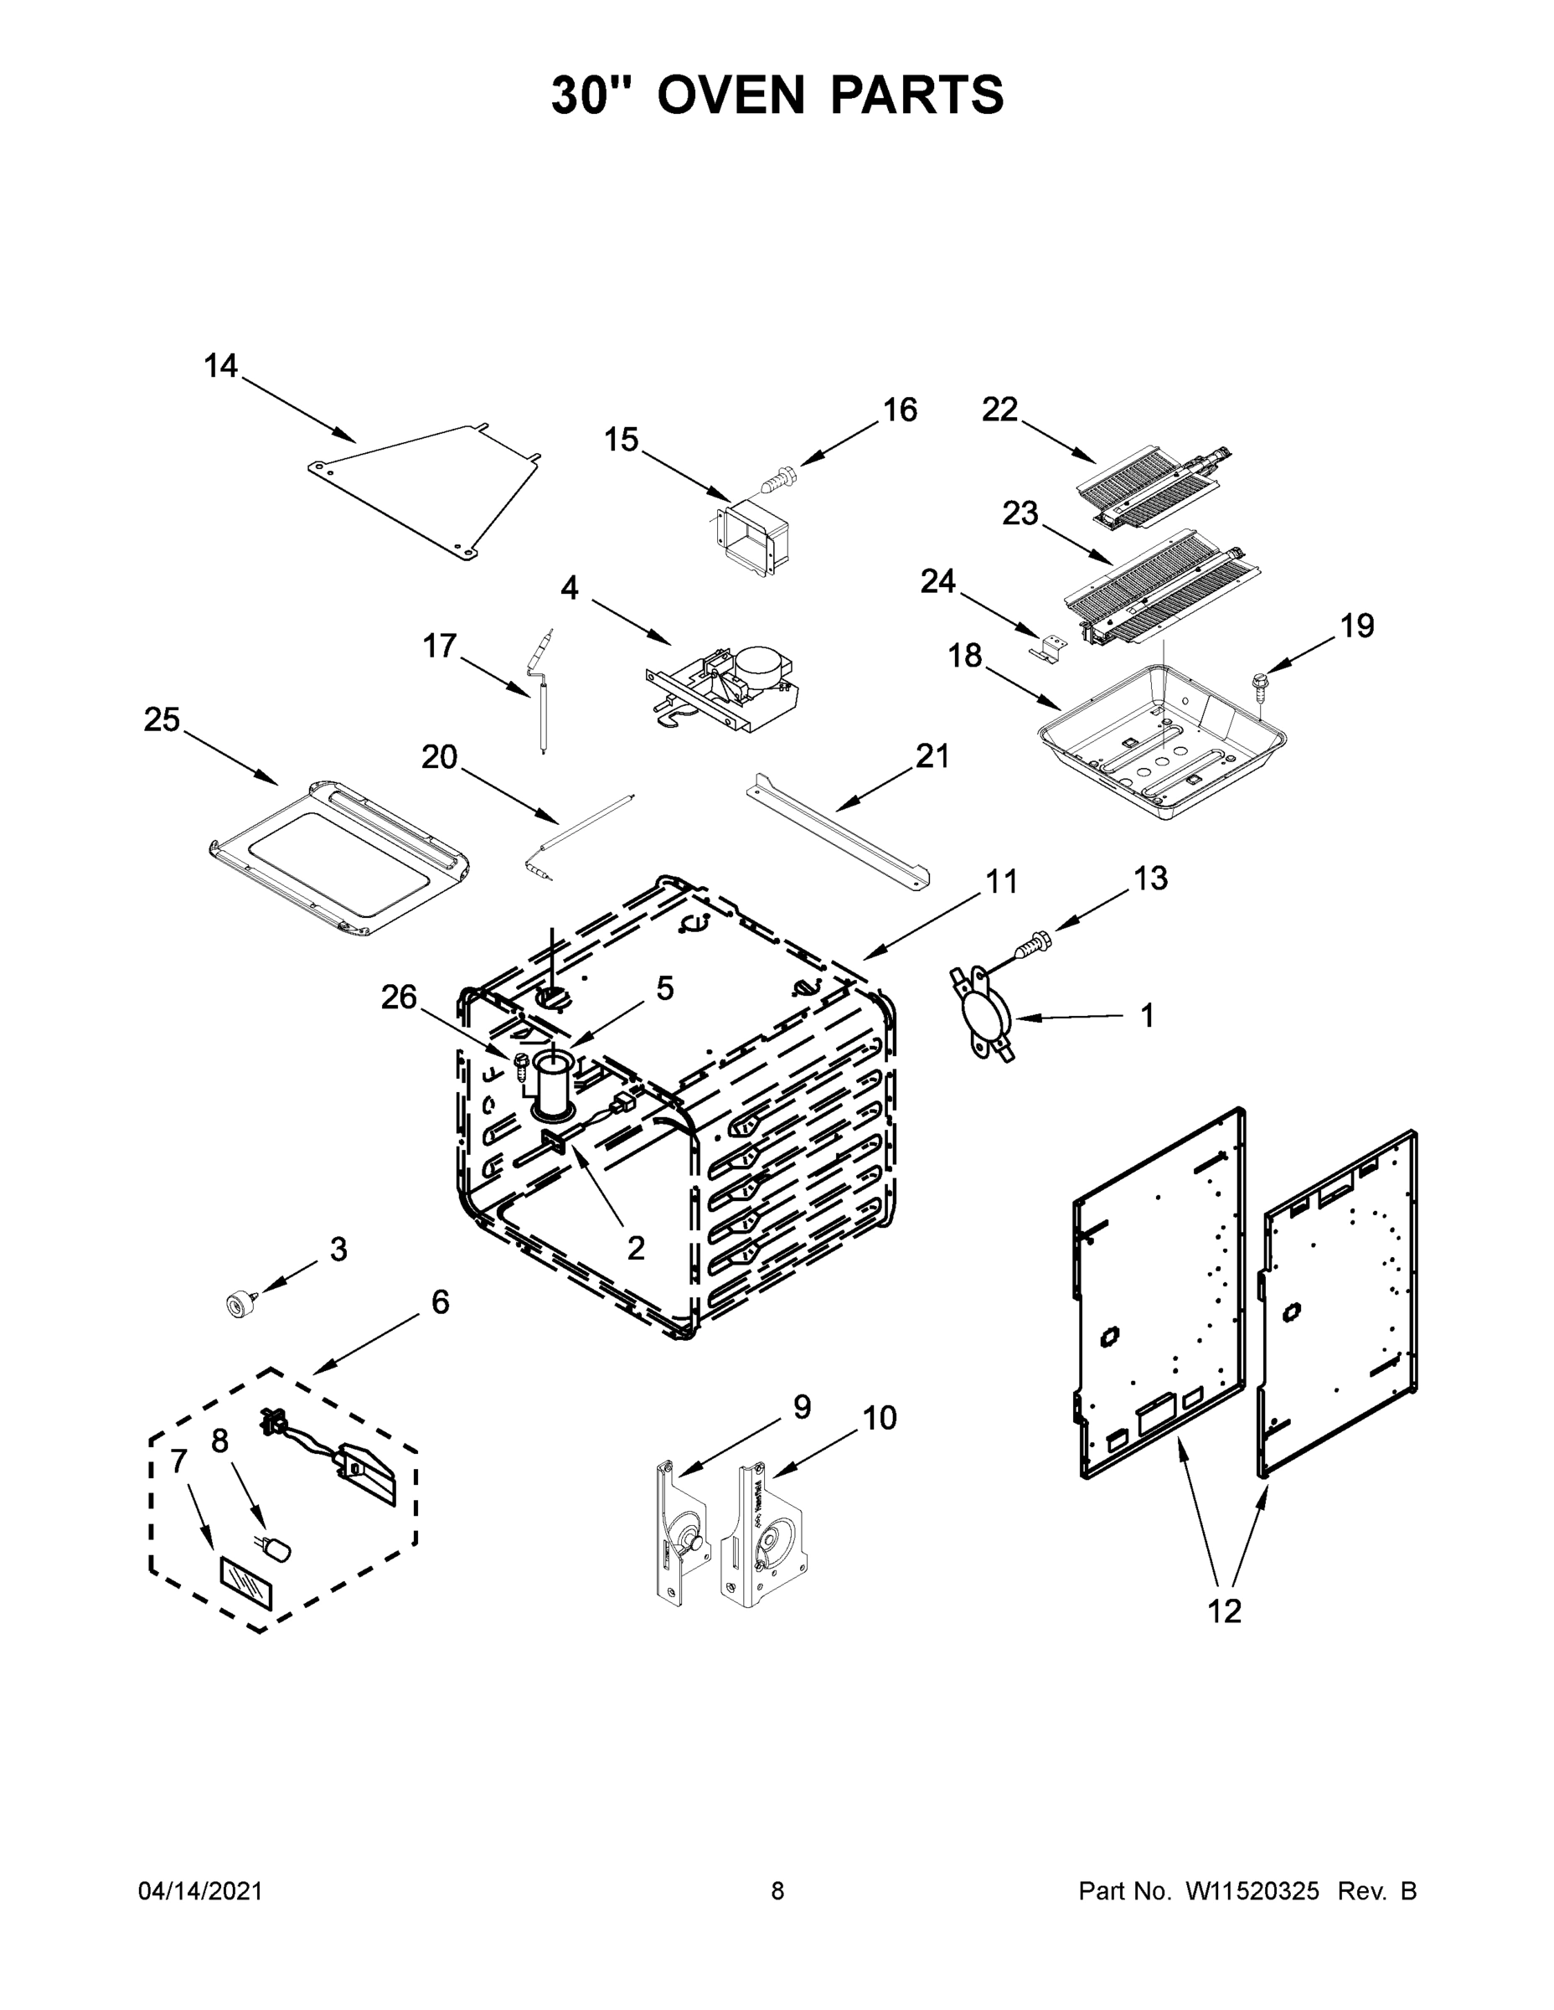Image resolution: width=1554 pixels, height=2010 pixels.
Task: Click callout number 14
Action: click(220, 366)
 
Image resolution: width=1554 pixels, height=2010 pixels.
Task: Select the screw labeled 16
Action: click(780, 478)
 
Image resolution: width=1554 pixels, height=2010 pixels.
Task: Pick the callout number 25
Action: click(161, 719)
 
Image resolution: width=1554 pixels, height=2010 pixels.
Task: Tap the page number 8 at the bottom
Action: click(777, 1890)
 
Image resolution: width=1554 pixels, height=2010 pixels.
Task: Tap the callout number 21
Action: click(932, 756)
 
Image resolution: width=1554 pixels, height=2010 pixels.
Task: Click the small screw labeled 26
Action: click(522, 1064)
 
